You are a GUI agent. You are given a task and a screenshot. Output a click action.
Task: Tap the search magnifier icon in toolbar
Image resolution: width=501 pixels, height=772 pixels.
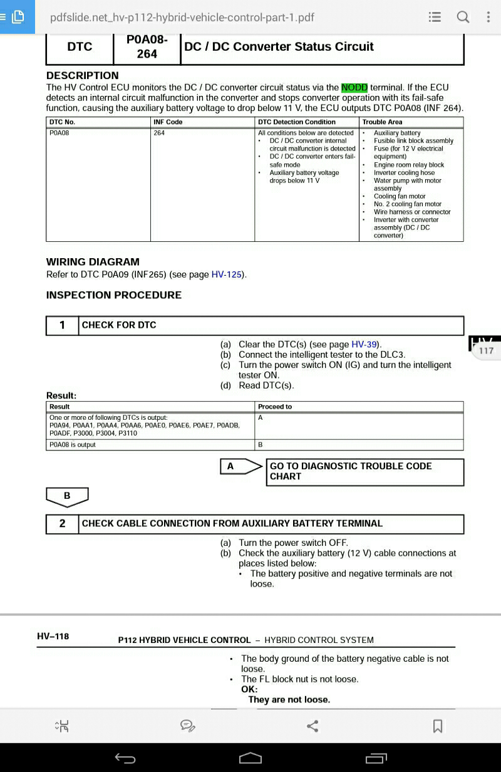[463, 17]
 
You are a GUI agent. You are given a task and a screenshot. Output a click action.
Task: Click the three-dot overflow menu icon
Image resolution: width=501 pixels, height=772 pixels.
[488, 17]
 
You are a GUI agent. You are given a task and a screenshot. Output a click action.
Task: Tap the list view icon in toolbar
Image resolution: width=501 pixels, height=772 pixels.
[435, 17]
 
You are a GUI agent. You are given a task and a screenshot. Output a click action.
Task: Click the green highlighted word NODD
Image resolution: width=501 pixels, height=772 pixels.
[354, 88]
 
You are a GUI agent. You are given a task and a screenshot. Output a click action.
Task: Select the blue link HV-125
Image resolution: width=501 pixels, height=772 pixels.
[227, 274]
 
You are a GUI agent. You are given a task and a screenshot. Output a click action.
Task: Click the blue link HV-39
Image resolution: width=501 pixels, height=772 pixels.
[364, 344]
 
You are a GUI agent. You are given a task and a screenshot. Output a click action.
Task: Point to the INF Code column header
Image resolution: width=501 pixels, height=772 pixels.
[168, 122]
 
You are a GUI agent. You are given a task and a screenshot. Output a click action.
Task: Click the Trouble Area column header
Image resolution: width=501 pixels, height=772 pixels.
[382, 122]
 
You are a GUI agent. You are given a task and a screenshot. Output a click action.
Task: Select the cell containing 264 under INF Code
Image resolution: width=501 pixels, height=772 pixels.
[159, 133]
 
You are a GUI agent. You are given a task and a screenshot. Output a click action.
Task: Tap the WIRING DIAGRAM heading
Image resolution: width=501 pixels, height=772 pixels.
[93, 262]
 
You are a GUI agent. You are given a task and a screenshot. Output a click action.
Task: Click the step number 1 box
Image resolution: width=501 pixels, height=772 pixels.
[62, 325]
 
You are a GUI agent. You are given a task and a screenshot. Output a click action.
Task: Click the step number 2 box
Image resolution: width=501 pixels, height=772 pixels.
[62, 524]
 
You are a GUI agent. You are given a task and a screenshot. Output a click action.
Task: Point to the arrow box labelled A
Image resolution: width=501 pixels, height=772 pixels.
[240, 466]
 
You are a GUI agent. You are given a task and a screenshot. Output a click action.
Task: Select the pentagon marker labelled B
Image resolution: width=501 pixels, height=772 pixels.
[67, 496]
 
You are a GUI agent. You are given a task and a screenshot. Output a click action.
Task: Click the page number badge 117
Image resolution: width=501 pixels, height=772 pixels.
[486, 350]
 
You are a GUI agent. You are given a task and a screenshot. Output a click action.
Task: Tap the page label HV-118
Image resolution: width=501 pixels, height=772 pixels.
[53, 637]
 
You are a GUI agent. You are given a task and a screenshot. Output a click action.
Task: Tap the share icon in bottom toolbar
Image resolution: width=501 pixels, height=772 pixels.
[312, 726]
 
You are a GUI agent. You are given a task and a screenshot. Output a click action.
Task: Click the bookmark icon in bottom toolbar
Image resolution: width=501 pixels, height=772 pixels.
[438, 726]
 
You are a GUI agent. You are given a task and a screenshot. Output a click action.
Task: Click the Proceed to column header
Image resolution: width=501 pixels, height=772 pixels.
[275, 407]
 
